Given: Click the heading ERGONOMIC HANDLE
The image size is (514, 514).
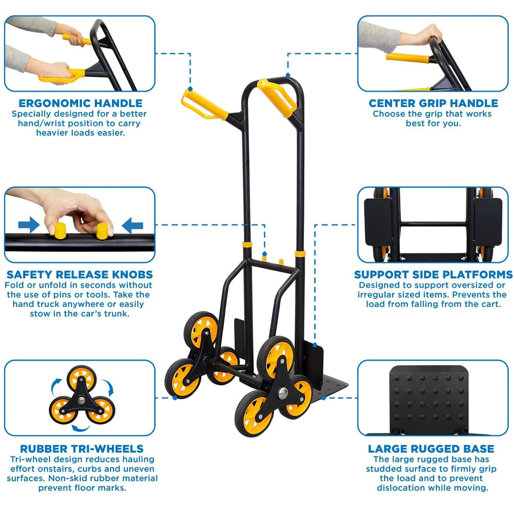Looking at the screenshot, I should pos(80,103).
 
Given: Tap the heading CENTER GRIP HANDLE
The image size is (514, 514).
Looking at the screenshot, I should pos(433,103).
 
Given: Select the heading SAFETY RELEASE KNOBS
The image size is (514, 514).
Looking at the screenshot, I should pos(80,274).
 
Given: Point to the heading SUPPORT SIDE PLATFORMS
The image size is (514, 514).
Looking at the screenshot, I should pos(433,274).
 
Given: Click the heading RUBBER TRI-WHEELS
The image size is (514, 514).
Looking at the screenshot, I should pos(82,448).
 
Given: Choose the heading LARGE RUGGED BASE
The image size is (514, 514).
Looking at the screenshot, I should pos(431,448).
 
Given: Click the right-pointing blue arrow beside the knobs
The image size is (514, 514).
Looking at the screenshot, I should pos(29,225).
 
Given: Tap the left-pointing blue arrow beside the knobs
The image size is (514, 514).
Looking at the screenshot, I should pos(133,225).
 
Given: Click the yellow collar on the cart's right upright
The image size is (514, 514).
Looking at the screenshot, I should pos(300,253).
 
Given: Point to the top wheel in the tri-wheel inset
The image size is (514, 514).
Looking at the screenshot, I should pos(81,378).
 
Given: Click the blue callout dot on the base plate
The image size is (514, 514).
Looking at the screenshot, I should pos(323,398).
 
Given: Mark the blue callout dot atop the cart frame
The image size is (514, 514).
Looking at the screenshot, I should pos(288,75).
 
